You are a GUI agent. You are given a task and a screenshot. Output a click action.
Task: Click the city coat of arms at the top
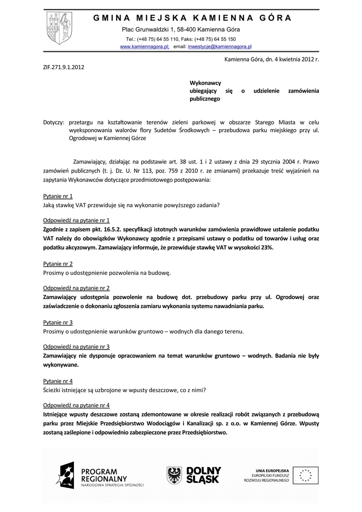coord(59,29)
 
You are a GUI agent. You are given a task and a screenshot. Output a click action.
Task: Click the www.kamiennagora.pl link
coord(145,46)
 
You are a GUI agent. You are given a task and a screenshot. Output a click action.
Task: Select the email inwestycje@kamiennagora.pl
coord(219,46)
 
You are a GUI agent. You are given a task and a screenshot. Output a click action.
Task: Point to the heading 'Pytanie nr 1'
coord(57,196)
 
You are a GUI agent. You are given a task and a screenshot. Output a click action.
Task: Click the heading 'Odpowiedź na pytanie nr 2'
coord(76,288)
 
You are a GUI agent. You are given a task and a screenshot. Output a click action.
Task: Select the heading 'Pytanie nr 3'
coord(57,322)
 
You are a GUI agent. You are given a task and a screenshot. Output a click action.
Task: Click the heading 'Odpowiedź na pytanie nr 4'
coord(76,405)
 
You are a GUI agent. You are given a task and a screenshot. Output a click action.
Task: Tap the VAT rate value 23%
coord(266,247)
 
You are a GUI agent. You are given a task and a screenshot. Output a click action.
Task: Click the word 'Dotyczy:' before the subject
coord(53,122)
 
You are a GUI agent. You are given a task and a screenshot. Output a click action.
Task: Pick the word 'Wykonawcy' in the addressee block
coord(205,82)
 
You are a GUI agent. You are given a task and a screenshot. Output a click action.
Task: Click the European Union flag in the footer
coord(305,475)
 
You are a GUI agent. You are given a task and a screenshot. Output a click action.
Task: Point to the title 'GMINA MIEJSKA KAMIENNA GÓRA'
coord(192,18)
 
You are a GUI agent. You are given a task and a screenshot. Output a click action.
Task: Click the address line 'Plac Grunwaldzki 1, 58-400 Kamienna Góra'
coord(181,29)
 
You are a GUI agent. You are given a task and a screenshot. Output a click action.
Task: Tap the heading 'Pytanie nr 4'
coord(57,381)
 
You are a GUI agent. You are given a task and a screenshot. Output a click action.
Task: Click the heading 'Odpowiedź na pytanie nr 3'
coord(76,346)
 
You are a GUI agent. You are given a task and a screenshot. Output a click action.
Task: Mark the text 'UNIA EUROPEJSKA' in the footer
coord(272,470)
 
